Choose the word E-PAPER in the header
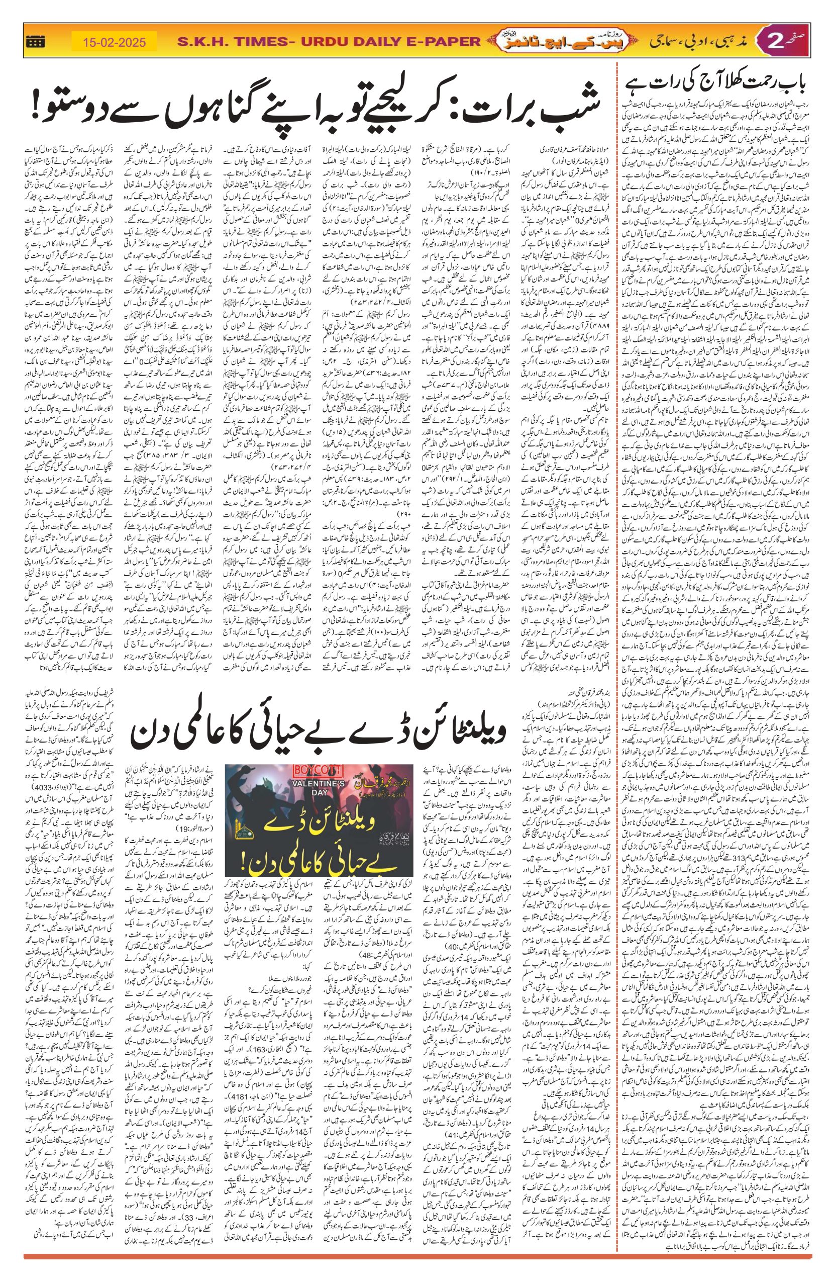[441, 42]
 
